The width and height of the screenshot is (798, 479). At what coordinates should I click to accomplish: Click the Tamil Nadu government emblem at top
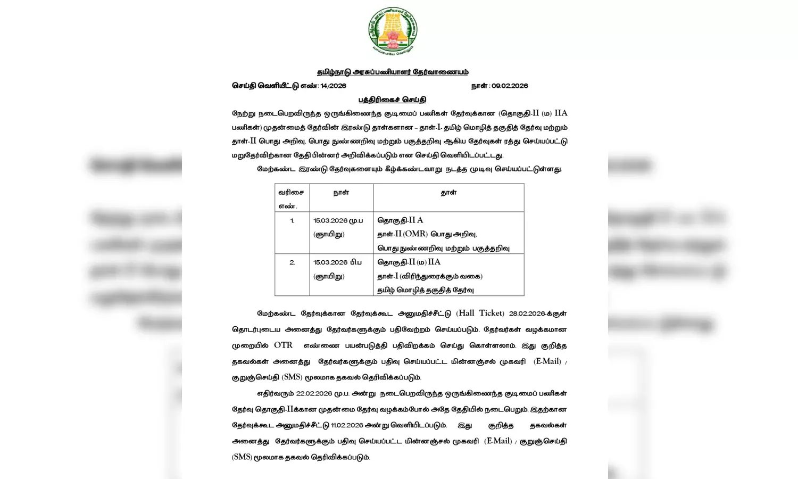coord(393,31)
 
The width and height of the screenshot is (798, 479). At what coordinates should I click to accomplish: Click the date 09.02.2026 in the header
coord(510,86)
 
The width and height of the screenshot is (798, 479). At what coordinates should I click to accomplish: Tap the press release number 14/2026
coord(333,86)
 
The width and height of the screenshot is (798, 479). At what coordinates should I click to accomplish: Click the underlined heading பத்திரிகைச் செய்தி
coord(392,100)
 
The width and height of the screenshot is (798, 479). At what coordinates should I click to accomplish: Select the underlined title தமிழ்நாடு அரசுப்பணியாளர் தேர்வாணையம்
coord(393,72)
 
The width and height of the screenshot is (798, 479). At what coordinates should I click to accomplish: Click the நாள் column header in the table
coord(341,193)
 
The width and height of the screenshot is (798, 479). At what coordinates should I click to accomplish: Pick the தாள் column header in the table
coord(448,193)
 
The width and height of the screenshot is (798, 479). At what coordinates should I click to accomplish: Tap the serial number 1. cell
coord(292,220)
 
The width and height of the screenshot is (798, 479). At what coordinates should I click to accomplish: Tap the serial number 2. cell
coord(292,262)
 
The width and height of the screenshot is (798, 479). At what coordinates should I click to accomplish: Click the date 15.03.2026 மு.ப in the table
coord(338,220)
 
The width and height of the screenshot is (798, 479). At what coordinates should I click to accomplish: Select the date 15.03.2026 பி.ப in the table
coord(338,262)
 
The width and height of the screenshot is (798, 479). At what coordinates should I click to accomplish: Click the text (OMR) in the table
coord(415,234)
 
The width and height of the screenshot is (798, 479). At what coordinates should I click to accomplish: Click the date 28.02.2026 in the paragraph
coord(527,314)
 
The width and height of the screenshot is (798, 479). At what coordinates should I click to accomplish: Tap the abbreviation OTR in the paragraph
coord(283,345)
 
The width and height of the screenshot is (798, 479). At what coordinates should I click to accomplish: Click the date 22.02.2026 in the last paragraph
coord(314,394)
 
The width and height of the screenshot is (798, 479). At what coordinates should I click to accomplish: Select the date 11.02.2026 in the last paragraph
coord(347,426)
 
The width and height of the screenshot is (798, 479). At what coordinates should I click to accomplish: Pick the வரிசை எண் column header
coord(292,199)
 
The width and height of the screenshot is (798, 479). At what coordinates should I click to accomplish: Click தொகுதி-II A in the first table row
coord(400,220)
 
